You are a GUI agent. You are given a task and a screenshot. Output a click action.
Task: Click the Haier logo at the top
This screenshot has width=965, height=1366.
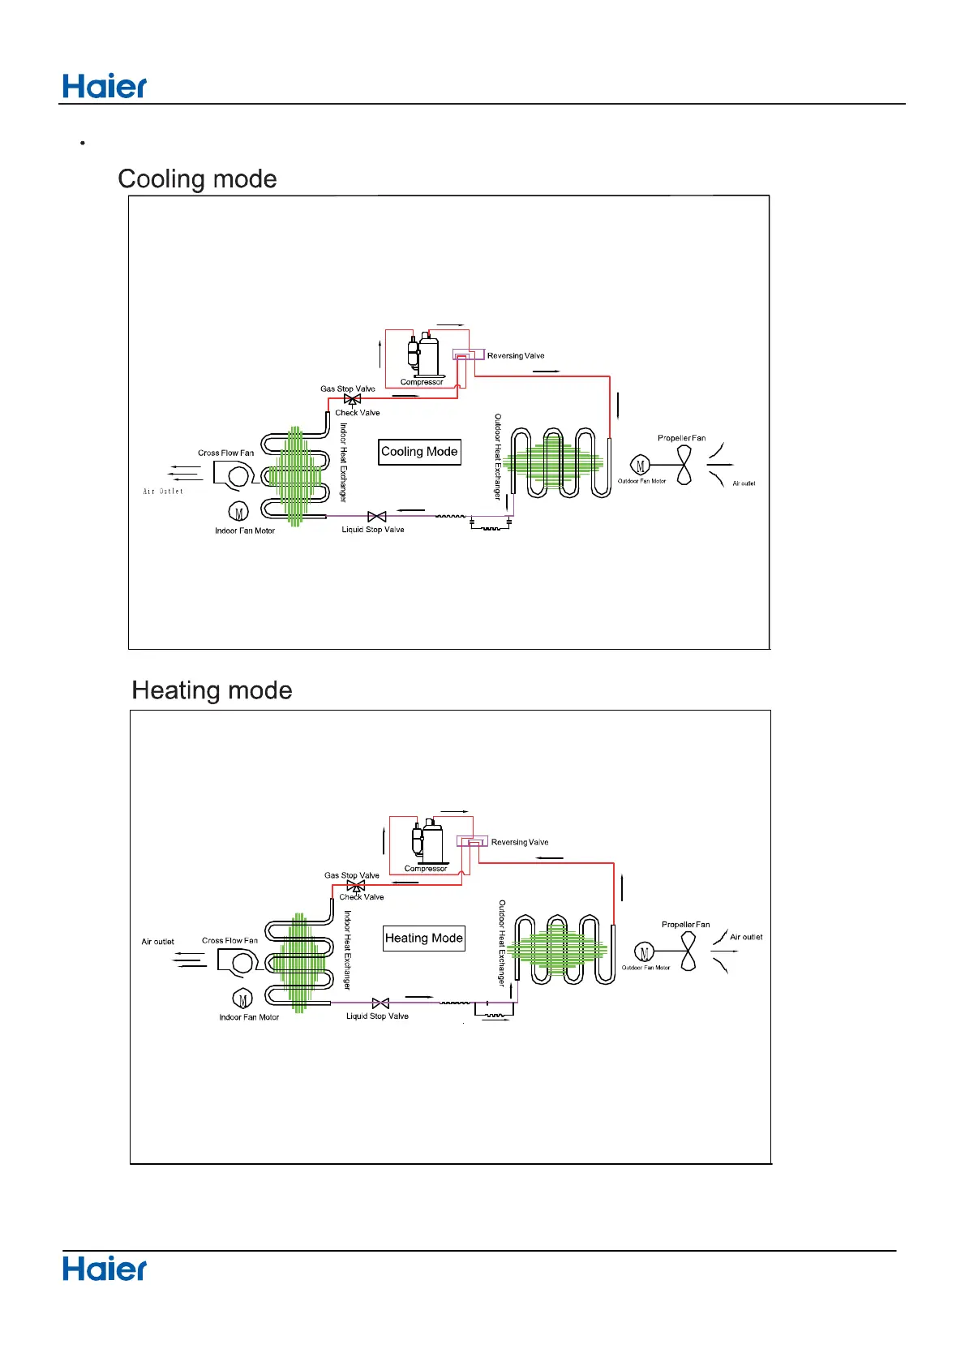click(x=105, y=86)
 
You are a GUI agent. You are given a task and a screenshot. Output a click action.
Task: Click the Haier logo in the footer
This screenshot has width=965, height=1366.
click(x=105, y=1269)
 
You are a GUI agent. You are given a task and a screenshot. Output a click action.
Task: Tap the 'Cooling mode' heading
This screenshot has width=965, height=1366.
click(x=197, y=178)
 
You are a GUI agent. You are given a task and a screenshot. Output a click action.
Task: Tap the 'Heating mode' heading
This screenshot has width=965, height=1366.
click(x=212, y=690)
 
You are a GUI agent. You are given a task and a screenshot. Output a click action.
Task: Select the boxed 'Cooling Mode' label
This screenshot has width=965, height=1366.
click(x=419, y=452)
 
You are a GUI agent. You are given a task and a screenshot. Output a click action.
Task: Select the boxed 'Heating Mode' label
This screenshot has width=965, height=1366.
click(x=424, y=939)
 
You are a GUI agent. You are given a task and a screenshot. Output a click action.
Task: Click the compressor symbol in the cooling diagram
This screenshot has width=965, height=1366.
click(x=423, y=355)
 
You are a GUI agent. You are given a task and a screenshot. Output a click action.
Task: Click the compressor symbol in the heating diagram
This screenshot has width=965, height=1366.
click(x=427, y=842)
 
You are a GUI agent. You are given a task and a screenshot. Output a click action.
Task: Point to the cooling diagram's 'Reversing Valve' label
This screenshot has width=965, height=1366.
click(x=516, y=356)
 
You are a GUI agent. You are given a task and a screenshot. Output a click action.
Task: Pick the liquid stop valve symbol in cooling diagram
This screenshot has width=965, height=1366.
click(x=376, y=517)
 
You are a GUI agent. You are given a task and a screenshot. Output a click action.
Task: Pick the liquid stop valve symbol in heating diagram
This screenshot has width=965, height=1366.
click(x=380, y=1003)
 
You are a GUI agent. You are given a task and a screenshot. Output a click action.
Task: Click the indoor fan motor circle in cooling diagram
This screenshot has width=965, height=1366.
click(x=238, y=513)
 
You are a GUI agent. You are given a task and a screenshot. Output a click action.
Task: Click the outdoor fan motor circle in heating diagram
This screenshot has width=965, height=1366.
click(x=645, y=953)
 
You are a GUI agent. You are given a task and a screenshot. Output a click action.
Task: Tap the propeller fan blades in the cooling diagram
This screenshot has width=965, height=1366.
click(x=684, y=466)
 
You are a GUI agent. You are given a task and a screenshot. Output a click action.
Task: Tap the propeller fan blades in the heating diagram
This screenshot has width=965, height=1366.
click(x=688, y=951)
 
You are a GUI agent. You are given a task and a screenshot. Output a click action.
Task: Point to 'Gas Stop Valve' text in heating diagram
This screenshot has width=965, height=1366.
click(x=352, y=875)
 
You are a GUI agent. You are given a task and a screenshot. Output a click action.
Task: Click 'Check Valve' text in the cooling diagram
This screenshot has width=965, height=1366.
click(x=358, y=413)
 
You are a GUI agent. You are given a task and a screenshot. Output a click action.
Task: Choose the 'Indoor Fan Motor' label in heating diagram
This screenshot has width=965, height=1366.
click(x=249, y=1017)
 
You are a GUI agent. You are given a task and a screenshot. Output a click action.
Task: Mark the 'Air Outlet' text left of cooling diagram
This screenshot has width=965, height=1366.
click(x=163, y=492)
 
